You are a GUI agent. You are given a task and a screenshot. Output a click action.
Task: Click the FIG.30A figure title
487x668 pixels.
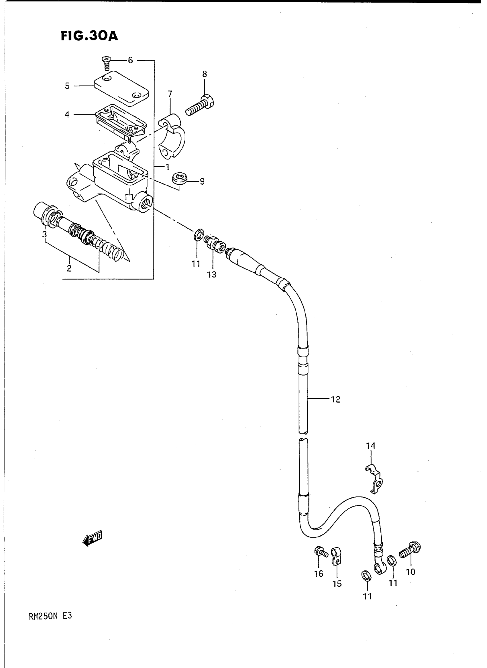(x=89, y=36)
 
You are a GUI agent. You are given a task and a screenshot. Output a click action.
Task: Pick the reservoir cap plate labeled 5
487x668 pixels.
(x=121, y=88)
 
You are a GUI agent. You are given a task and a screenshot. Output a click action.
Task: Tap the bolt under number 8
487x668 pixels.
(x=200, y=105)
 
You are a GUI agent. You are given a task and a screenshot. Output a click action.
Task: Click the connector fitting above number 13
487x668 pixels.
(x=214, y=243)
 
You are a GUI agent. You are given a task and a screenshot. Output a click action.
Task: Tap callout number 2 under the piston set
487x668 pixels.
(x=69, y=269)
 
